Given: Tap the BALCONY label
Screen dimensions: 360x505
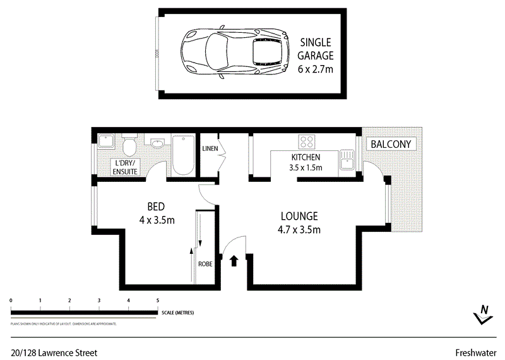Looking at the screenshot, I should point(391,144).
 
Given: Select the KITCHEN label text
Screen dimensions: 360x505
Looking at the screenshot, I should point(306,157).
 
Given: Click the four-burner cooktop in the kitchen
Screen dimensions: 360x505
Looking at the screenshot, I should point(307,141).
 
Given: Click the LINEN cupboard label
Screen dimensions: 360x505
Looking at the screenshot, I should point(210,149).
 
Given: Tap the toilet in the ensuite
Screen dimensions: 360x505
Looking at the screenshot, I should point(129,148).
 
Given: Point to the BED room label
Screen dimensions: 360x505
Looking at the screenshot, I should point(157,207).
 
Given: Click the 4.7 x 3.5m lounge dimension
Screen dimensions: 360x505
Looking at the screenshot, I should point(300,230).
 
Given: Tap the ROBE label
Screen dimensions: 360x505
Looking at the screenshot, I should point(205,264).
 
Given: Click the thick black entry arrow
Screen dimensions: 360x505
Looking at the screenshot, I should point(234,260).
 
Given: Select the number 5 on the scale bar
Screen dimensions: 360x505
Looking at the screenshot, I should point(158,301).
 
